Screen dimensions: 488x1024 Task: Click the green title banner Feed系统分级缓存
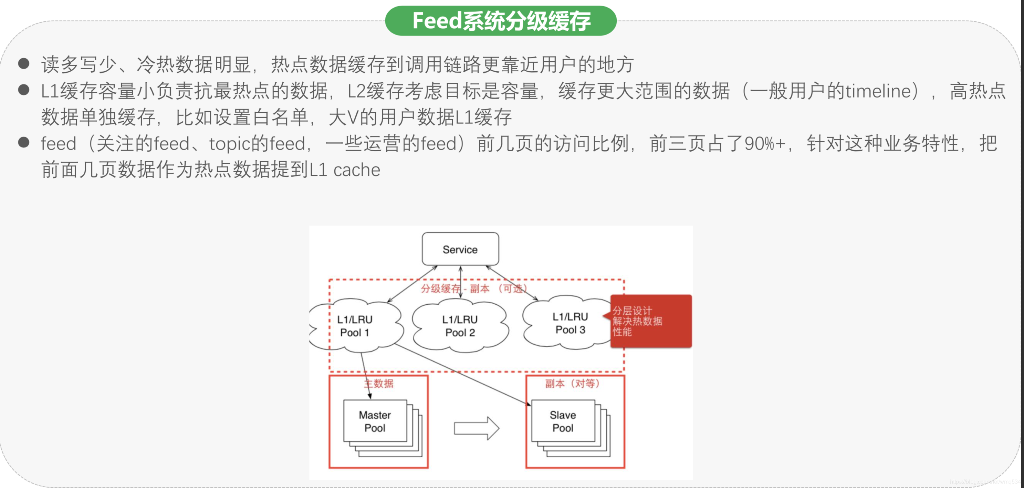pos(501,21)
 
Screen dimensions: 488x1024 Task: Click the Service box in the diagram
pos(460,250)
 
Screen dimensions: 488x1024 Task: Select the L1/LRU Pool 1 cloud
pos(355,326)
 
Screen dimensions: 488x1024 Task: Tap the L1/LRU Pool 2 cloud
pos(460,326)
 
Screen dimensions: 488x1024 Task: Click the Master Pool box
pos(375,421)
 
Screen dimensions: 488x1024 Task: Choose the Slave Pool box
pos(563,421)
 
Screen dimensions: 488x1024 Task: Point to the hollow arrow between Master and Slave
pos(476,428)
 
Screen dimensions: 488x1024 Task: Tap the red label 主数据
pos(379,383)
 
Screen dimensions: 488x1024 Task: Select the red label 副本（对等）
pos(572,383)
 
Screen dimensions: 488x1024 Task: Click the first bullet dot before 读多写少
pos(24,64)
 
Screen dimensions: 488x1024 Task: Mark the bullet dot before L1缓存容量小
pos(24,90)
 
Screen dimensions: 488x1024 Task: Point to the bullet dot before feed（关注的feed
pos(24,142)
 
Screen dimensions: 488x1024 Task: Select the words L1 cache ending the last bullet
pos(345,170)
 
